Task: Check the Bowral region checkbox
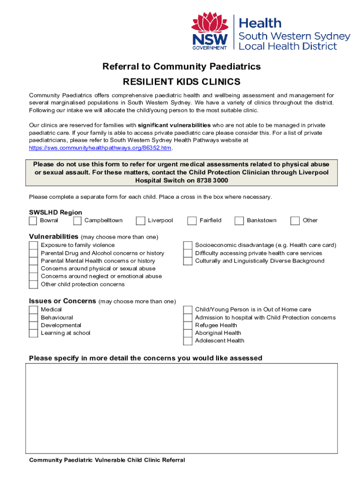(33, 221)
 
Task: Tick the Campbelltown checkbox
(77, 221)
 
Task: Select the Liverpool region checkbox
(140, 221)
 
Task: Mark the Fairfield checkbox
(192, 221)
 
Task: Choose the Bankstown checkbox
(239, 221)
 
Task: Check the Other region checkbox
(295, 221)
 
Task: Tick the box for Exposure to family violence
(33, 246)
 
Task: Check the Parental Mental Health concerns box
(33, 261)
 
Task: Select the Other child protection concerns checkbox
(33, 284)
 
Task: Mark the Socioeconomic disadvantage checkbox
(187, 246)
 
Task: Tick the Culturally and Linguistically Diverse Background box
(187, 261)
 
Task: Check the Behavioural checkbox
(33, 318)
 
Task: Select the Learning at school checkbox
(33, 334)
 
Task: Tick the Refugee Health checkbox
(187, 326)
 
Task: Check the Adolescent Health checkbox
(187, 341)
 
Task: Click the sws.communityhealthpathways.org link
(101, 148)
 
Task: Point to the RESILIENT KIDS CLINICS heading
(181, 82)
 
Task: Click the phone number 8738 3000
(212, 181)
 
